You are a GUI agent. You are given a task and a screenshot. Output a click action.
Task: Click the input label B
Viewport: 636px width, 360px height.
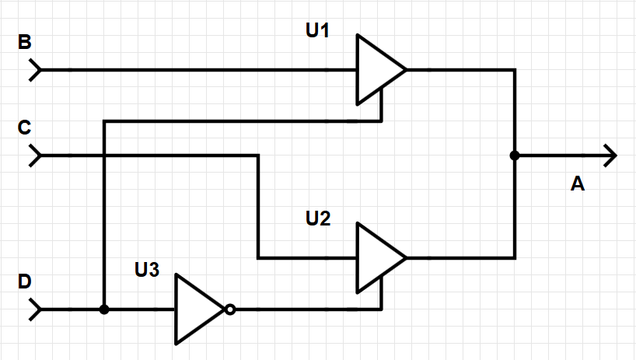[25, 43]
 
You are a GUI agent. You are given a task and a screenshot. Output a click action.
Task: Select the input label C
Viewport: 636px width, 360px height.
[25, 128]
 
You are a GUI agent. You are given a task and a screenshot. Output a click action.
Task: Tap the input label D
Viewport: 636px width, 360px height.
[25, 282]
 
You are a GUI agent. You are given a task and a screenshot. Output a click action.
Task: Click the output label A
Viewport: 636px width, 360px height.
[577, 184]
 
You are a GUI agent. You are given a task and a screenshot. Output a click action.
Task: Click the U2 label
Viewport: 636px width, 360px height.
[319, 218]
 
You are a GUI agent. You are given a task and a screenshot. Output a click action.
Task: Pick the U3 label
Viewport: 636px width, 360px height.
[147, 270]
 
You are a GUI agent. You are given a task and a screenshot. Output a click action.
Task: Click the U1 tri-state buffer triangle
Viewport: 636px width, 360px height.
[377, 69]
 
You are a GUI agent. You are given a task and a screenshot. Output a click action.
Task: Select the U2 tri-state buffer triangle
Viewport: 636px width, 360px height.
[377, 257]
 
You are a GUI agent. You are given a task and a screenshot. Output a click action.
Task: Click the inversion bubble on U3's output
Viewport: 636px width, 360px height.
[229, 309]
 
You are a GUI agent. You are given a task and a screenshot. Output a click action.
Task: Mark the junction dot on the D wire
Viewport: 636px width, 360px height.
[104, 309]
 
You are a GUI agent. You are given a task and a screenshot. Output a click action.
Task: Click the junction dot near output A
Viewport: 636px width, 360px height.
[514, 156]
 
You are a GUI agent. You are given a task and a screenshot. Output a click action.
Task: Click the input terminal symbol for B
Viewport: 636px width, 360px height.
[36, 70]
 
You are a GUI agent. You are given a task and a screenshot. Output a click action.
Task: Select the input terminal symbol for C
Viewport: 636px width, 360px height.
[36, 156]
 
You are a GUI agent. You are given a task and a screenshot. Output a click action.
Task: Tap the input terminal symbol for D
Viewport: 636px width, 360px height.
[36, 309]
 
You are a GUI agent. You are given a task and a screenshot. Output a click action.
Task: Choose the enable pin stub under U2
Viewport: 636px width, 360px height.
[381, 292]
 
